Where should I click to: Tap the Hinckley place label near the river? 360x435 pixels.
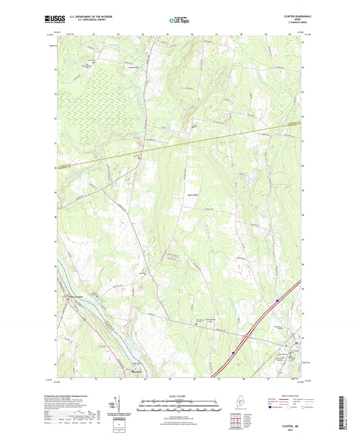click(x=134, y=370)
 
